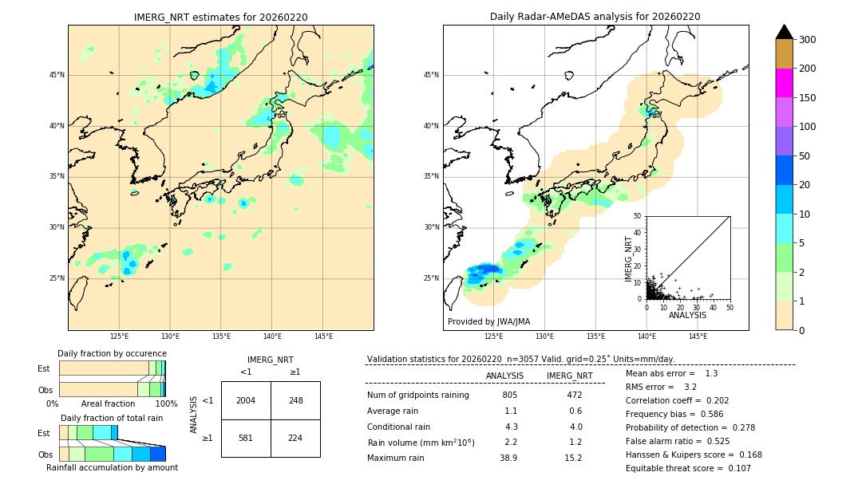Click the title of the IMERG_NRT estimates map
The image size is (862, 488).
pyautogui.click(x=220, y=17)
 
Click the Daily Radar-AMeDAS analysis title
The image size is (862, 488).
pyautogui.click(x=595, y=17)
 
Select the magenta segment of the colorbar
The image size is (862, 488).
pyautogui.click(x=784, y=83)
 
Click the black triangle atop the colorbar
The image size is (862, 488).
pyautogui.click(x=784, y=32)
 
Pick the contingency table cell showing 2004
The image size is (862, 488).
pyautogui.click(x=246, y=400)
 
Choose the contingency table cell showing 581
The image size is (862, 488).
pyautogui.click(x=246, y=438)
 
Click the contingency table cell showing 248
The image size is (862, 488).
pyautogui.click(x=295, y=400)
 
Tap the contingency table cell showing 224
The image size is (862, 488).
pyautogui.click(x=295, y=438)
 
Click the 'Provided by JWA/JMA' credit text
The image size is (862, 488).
pyautogui.click(x=488, y=321)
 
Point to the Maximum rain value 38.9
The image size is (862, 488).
pyautogui.click(x=508, y=458)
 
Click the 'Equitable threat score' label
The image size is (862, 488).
pyautogui.click(x=674, y=468)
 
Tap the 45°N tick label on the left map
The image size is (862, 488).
pyautogui.click(x=57, y=75)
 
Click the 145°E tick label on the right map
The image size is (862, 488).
pyautogui.click(x=698, y=336)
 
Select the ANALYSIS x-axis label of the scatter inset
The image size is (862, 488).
pyautogui.click(x=687, y=315)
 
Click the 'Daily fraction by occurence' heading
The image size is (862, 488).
pyautogui.click(x=112, y=353)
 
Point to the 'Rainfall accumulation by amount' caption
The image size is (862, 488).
pyautogui.click(x=113, y=467)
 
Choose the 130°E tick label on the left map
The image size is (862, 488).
pyautogui.click(x=170, y=336)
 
